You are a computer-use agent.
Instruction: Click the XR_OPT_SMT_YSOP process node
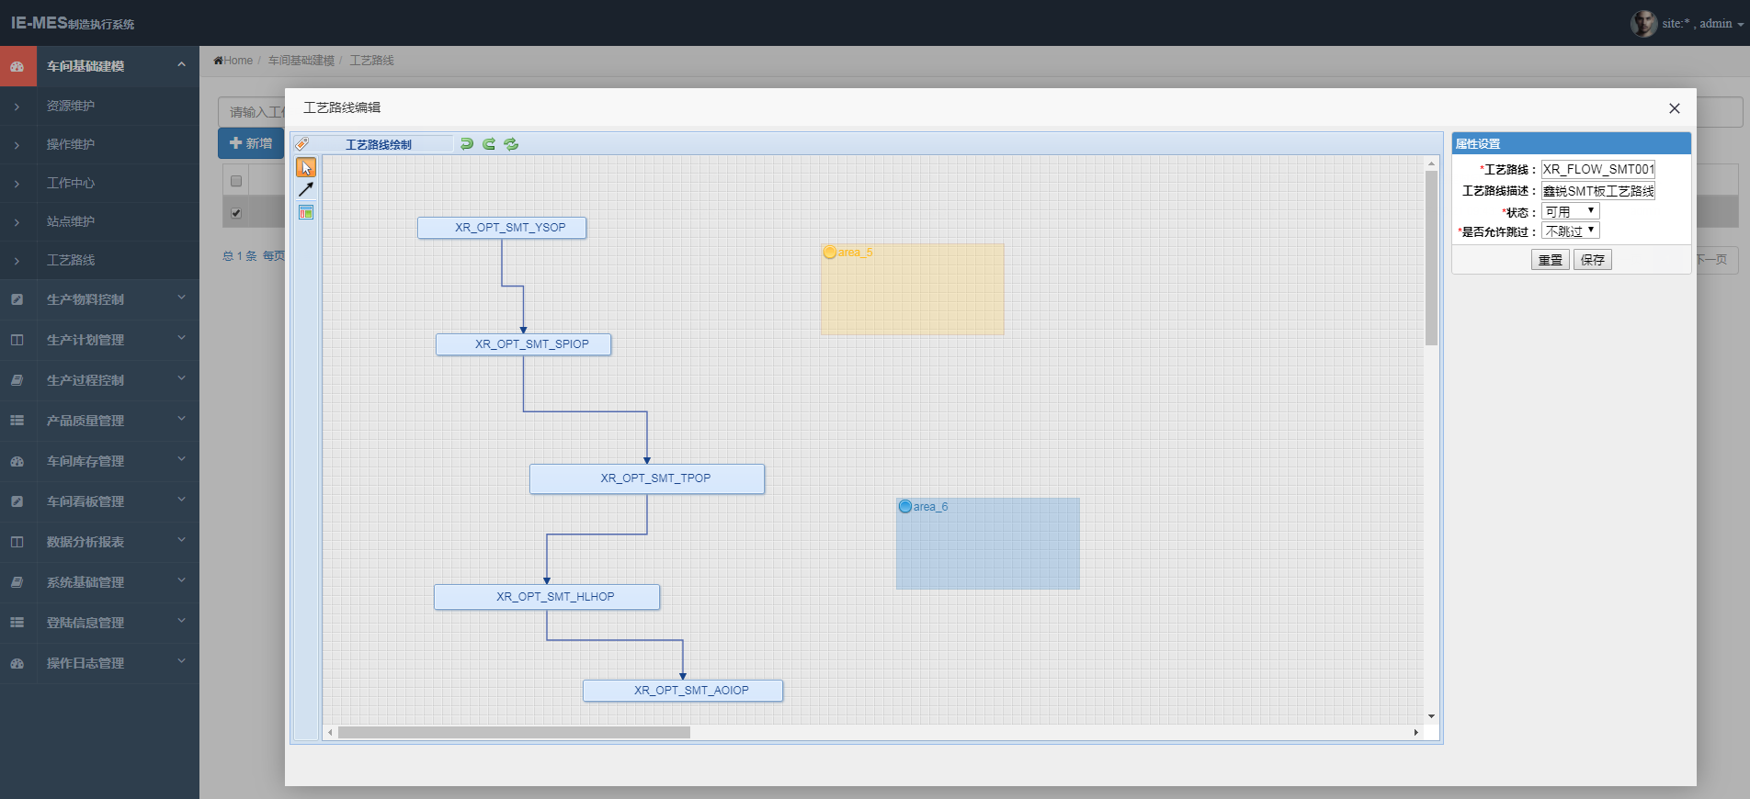(x=502, y=228)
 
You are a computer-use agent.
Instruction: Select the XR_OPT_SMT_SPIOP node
(x=523, y=344)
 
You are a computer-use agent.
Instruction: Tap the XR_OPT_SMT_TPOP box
(x=647, y=478)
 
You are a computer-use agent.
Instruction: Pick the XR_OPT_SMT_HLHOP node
(x=547, y=597)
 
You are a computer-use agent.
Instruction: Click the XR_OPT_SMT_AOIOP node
(x=683, y=691)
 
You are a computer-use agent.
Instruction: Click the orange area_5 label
(x=855, y=253)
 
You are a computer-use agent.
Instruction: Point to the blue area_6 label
(x=930, y=507)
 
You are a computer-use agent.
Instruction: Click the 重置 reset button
(x=1550, y=260)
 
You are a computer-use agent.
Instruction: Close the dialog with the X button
(x=1674, y=108)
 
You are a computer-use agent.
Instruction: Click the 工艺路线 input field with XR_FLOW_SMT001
(x=1597, y=169)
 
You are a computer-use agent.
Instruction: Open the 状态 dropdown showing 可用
(x=1570, y=212)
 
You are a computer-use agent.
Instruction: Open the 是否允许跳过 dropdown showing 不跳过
(x=1570, y=231)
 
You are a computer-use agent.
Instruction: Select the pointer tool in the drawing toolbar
(x=306, y=167)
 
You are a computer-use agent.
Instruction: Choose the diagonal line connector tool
(x=306, y=189)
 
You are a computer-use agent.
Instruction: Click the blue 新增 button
(x=251, y=143)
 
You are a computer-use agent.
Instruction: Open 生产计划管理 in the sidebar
(x=85, y=340)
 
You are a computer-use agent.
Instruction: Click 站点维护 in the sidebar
(x=71, y=221)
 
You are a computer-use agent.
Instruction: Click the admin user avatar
(x=1643, y=23)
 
